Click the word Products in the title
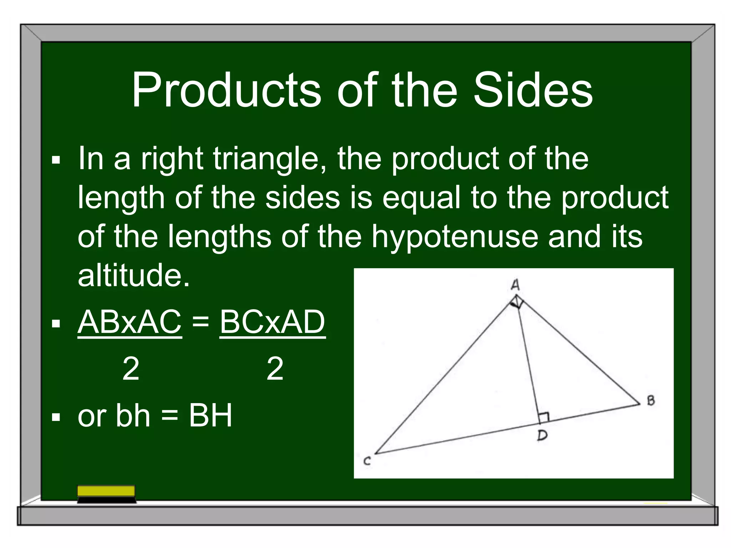(226, 90)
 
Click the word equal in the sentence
(422, 198)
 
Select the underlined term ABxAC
(130, 322)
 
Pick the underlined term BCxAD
(272, 322)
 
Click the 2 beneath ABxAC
(131, 369)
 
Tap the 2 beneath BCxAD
(275, 369)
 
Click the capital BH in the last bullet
(211, 415)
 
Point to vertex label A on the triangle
(515, 285)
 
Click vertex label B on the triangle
(651, 401)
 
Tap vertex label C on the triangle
(367, 461)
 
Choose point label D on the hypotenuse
(542, 435)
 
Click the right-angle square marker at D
(544, 417)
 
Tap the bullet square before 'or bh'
(56, 417)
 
